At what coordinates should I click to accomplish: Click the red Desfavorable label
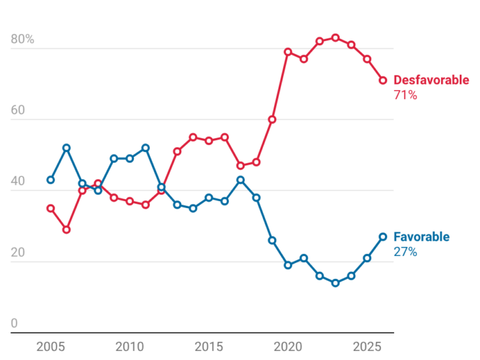click(x=431, y=80)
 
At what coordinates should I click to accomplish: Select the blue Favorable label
click(x=421, y=237)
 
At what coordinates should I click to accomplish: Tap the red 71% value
click(x=405, y=95)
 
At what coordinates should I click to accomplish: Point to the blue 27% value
click(x=405, y=252)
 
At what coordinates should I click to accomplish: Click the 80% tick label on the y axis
click(x=22, y=39)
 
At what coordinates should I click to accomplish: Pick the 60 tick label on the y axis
click(x=17, y=110)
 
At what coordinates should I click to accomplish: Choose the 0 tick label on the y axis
click(x=14, y=323)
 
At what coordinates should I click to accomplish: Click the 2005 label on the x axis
click(x=50, y=347)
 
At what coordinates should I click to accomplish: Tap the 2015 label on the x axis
click(x=209, y=347)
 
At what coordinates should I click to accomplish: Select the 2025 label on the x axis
click(x=367, y=347)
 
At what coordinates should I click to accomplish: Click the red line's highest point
click(x=336, y=38)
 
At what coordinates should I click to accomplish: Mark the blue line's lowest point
click(x=336, y=283)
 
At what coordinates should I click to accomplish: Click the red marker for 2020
click(x=287, y=52)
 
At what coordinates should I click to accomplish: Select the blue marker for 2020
click(x=287, y=265)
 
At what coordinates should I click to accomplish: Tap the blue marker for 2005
click(x=50, y=180)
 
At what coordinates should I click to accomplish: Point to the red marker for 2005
click(x=50, y=209)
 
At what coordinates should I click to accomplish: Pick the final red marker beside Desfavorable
click(x=383, y=80)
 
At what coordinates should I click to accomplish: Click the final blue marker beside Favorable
click(x=383, y=237)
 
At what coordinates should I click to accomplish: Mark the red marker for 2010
click(x=130, y=202)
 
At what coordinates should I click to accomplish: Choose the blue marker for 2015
click(x=209, y=197)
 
